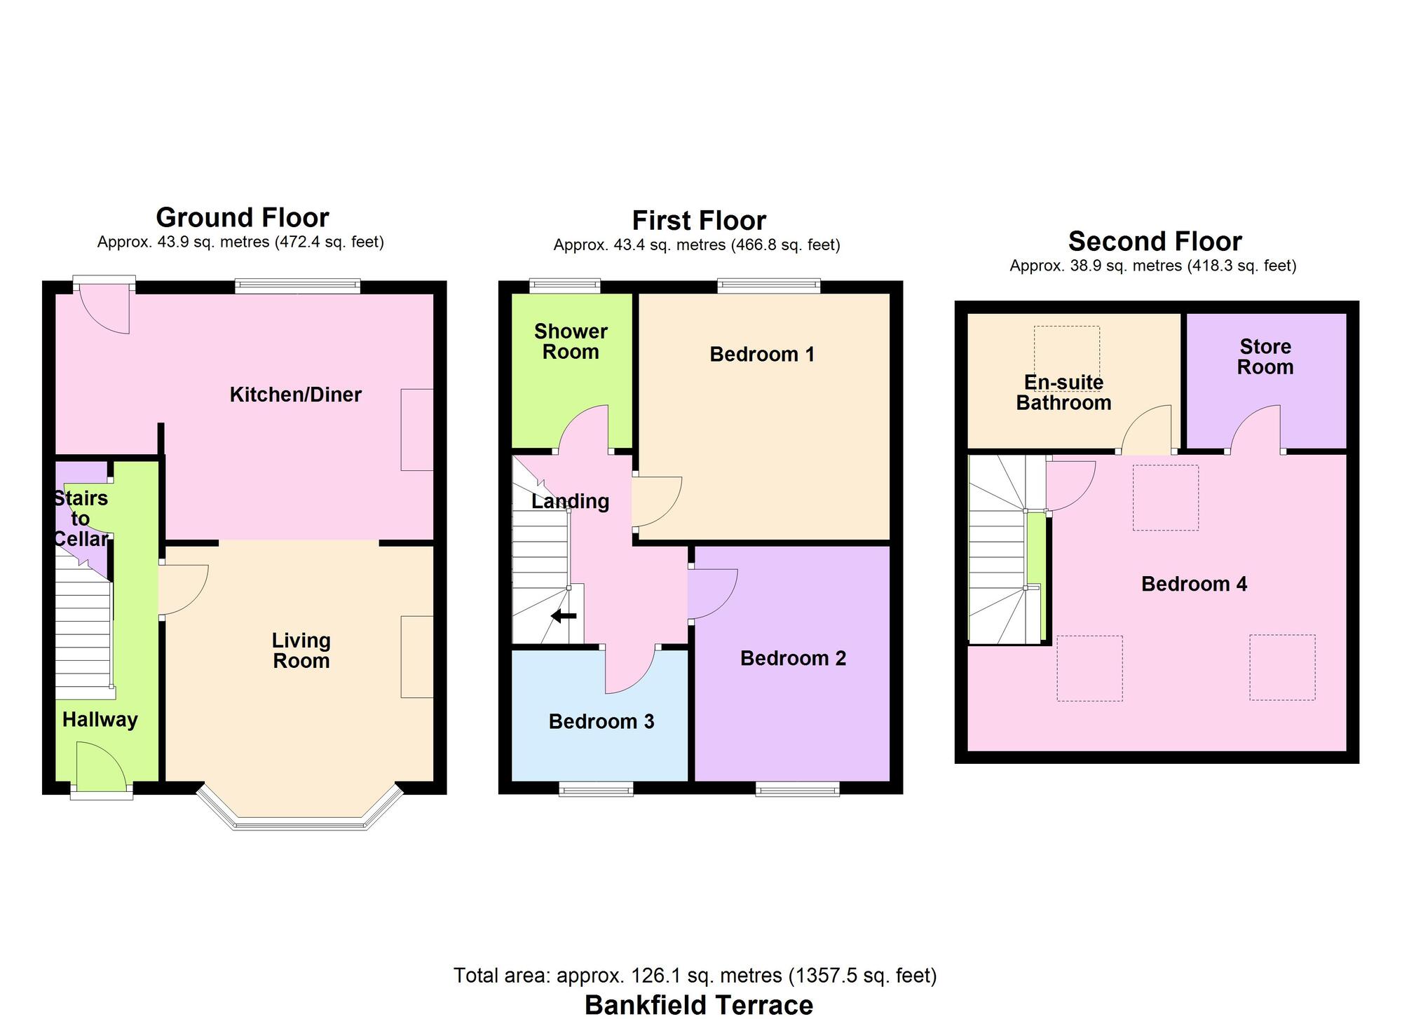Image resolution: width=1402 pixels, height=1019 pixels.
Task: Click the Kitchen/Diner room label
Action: (x=295, y=395)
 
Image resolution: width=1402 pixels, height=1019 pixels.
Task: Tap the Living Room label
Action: (x=301, y=650)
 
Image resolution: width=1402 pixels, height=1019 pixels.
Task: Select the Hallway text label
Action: (x=100, y=720)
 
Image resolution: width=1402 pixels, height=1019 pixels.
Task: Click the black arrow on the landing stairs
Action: (x=564, y=616)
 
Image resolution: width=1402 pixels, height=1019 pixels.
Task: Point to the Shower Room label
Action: (x=571, y=341)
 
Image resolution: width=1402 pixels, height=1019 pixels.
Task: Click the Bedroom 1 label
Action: (x=762, y=354)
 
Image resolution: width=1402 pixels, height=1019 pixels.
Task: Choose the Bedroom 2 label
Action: (x=793, y=658)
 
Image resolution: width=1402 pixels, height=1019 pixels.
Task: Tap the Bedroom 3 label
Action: (x=601, y=721)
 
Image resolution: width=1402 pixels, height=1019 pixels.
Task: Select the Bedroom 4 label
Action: (x=1194, y=584)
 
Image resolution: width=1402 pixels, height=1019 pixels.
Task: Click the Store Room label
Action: (x=1265, y=357)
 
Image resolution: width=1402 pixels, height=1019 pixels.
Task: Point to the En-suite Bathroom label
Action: (x=1063, y=392)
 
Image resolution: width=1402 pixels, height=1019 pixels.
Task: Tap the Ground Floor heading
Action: (x=242, y=217)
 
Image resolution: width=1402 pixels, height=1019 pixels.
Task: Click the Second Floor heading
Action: (x=1155, y=241)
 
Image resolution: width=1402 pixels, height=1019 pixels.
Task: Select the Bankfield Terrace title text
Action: (x=698, y=1004)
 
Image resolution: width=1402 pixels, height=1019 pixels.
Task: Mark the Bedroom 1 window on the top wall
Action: (x=768, y=285)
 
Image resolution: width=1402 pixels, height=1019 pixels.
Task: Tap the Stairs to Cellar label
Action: (x=81, y=519)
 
